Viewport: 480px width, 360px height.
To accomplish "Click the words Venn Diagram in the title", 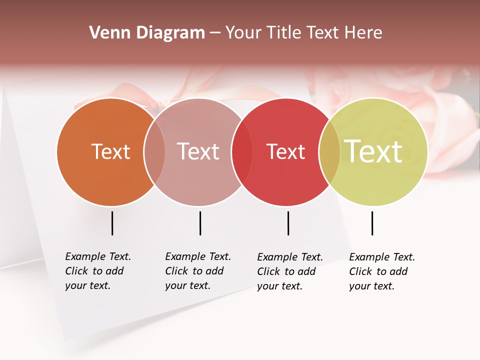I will [x=146, y=33].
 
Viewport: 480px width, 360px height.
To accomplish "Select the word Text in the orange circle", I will [x=110, y=151].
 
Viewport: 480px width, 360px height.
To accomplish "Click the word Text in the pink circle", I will [x=198, y=151].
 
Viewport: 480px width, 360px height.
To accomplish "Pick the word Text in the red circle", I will [x=285, y=151].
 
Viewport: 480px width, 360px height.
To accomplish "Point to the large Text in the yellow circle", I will [x=373, y=151].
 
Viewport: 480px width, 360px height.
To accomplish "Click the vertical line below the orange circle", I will [x=112, y=223].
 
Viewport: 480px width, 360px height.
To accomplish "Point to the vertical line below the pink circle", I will [x=200, y=223].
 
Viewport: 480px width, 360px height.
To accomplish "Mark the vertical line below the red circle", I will [x=288, y=223].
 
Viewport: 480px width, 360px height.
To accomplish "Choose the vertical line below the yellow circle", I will [x=372, y=223].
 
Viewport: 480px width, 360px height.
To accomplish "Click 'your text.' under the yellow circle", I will [x=371, y=286].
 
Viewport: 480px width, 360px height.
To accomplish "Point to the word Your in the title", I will [x=244, y=33].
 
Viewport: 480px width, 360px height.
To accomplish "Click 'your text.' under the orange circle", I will [x=87, y=286].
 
